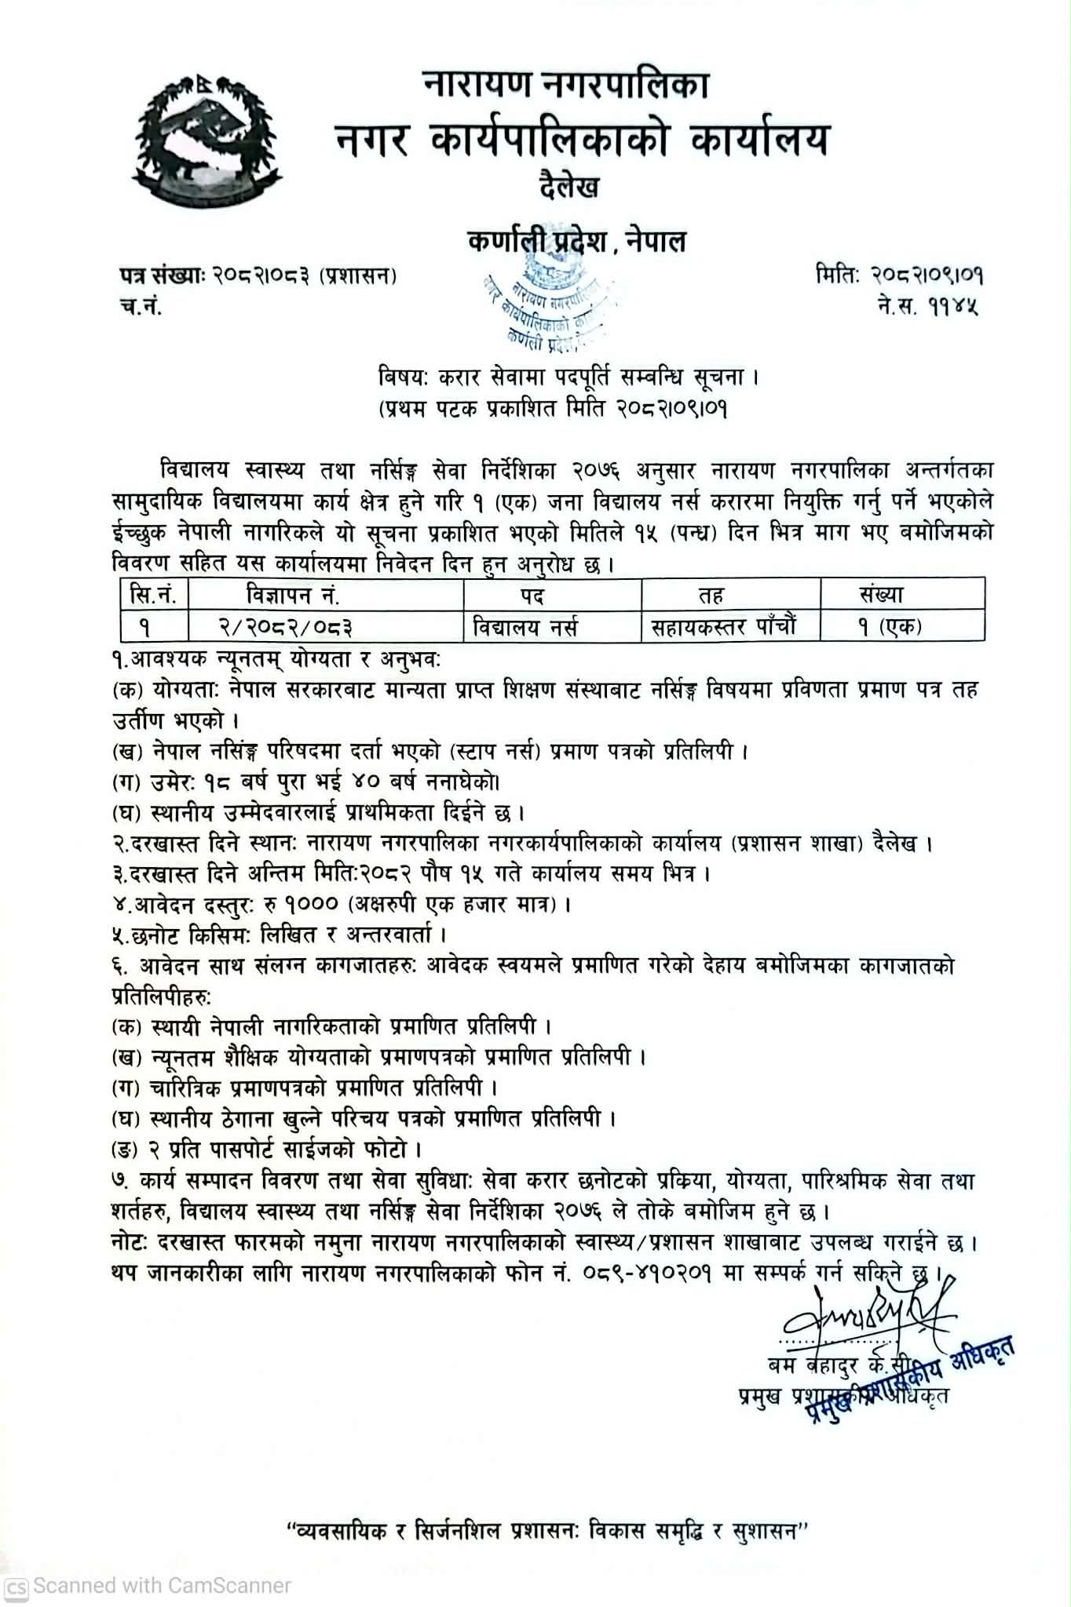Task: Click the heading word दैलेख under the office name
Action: click(x=570, y=188)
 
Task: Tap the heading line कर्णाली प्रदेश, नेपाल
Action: click(x=577, y=241)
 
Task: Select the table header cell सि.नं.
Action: click(x=155, y=596)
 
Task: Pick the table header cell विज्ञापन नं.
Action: click(x=292, y=596)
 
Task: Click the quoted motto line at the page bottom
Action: click(x=548, y=1531)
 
